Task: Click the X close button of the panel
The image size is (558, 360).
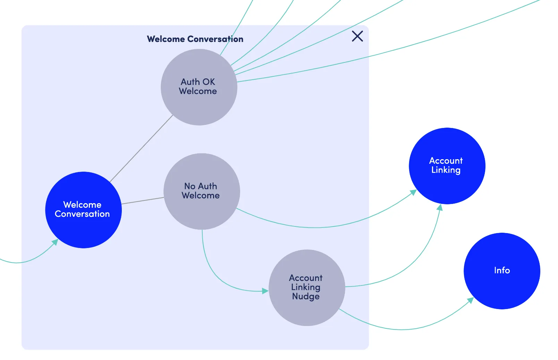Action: pos(357,36)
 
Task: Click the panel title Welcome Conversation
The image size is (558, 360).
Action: pos(195,39)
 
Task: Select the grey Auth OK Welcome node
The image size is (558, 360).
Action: pos(199,87)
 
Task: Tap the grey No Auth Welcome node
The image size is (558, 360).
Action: pos(202,191)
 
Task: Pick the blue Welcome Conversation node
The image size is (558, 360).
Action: pos(83,210)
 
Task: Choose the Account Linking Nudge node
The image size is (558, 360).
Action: pos(307,288)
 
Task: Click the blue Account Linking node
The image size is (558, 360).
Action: pos(447,166)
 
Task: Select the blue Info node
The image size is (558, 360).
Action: pos(502,271)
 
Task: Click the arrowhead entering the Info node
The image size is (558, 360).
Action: pos(470,300)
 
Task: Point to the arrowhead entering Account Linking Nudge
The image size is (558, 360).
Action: pos(265,291)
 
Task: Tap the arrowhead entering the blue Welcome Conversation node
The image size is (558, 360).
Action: pos(55,242)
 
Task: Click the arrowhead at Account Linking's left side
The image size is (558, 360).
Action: pos(414,192)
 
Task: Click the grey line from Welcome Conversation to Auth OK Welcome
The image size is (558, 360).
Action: pos(141,148)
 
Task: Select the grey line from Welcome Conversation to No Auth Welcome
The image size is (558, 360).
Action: pos(143,201)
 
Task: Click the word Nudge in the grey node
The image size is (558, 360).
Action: pos(306,297)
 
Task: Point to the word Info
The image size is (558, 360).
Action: pos(502,271)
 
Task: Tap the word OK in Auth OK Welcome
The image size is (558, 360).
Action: pos(209,82)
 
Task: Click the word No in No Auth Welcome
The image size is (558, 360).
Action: pos(190,186)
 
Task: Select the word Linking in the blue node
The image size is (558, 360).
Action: pos(446,170)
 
